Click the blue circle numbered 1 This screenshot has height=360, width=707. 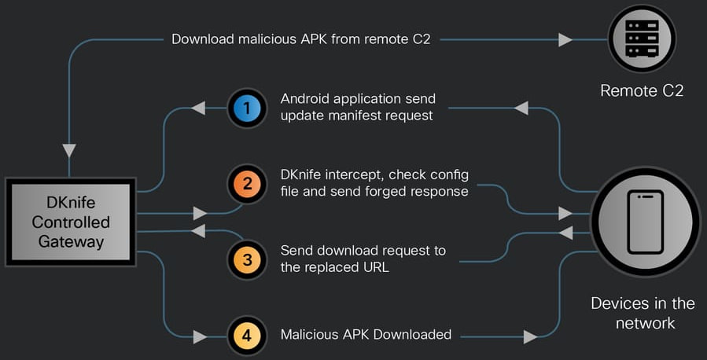point(248,108)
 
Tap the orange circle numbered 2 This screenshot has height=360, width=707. point(248,185)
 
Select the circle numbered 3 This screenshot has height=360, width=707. point(248,260)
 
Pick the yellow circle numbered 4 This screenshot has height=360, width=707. point(248,335)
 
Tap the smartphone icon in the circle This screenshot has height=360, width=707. point(645,222)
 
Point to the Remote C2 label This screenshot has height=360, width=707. point(641,91)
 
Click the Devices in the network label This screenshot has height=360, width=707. point(643,313)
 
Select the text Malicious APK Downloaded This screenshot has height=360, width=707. point(366,335)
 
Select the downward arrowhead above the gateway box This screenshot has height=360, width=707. point(69,149)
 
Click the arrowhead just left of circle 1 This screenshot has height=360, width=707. point(199,108)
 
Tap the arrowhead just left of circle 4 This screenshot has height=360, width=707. point(200,336)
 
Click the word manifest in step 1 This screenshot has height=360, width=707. point(350,116)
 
